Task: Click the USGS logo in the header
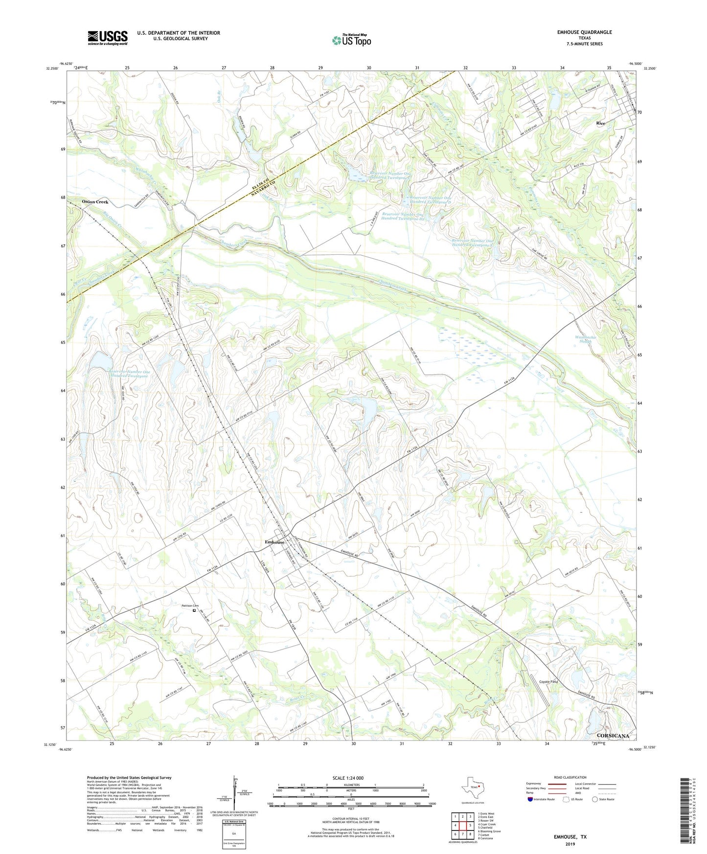(x=108, y=38)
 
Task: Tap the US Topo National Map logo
(x=351, y=40)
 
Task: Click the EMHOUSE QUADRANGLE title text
(x=584, y=32)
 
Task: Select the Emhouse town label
(x=274, y=542)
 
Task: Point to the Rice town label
(x=600, y=123)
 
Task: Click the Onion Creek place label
(x=95, y=202)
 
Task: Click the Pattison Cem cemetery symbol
(x=194, y=610)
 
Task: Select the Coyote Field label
(x=548, y=682)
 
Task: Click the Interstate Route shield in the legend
(x=530, y=799)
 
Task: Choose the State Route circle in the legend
(x=594, y=799)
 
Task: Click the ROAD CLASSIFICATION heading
(x=570, y=777)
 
